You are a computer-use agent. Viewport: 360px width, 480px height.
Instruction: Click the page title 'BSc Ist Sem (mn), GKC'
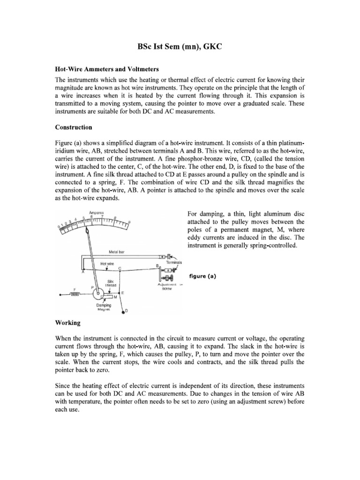pos(180,47)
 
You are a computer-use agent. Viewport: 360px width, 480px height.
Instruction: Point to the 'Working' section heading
pos(68,323)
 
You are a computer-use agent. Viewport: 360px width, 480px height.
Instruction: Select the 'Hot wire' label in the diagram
pos(107,263)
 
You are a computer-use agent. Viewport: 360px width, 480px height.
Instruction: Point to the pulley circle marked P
pos(99,294)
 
